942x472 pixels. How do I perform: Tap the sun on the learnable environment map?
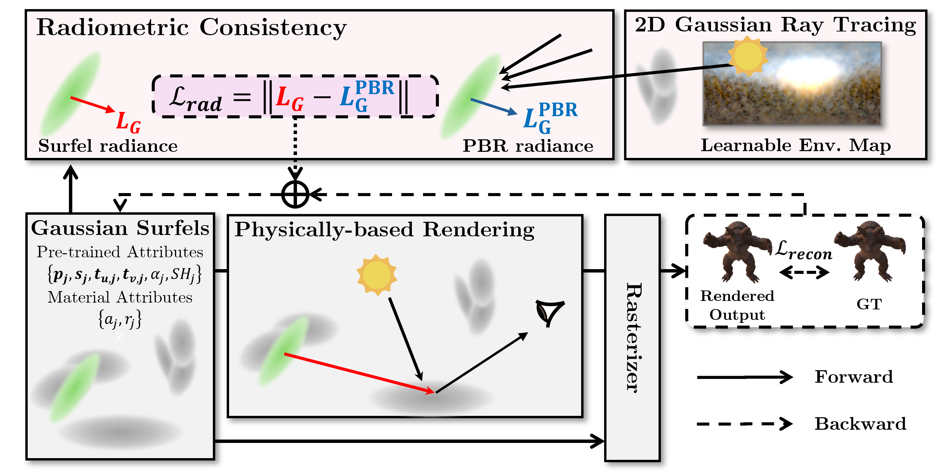click(x=747, y=56)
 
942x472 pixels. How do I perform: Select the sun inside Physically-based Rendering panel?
click(x=377, y=275)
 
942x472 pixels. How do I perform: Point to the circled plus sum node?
click(x=295, y=194)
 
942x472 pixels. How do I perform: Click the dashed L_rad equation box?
click(x=295, y=97)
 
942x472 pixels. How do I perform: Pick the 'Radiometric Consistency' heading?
click(x=191, y=27)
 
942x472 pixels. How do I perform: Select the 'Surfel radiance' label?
click(x=108, y=146)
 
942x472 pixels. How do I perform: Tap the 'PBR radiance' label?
click(x=528, y=146)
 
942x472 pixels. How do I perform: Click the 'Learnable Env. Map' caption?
click(x=796, y=145)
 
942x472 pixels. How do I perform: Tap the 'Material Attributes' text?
click(x=120, y=298)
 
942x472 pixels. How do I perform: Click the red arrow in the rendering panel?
click(x=358, y=373)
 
